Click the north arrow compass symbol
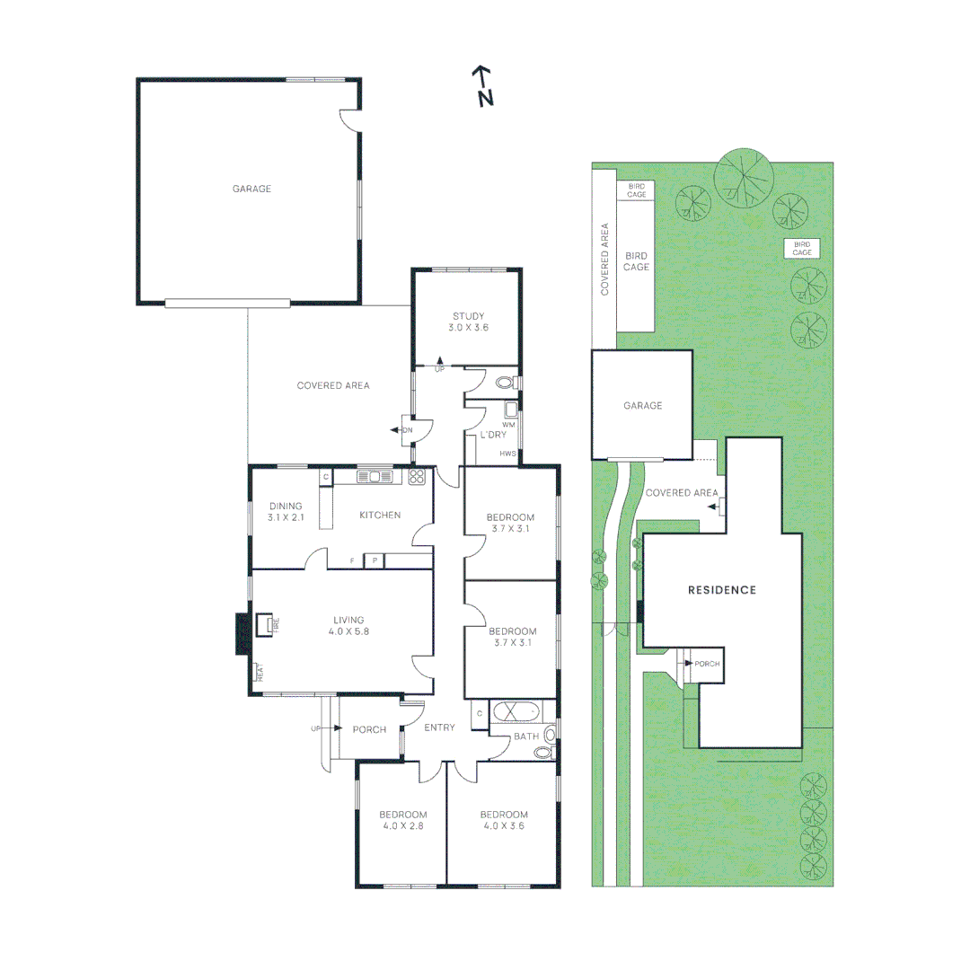484,86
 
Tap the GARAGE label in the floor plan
251,190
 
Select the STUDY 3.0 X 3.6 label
468,322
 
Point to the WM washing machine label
508,425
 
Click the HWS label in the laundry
508,454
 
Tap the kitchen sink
375,477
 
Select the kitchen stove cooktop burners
417,477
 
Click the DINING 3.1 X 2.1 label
285,512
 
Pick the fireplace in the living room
266,624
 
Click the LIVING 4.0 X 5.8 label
348,625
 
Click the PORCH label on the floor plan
369,729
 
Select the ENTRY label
440,727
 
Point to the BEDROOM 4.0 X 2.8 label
402,820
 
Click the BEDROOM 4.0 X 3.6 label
503,820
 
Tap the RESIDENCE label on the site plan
722,590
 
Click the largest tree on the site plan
745,175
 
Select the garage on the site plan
642,405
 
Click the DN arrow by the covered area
401,431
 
